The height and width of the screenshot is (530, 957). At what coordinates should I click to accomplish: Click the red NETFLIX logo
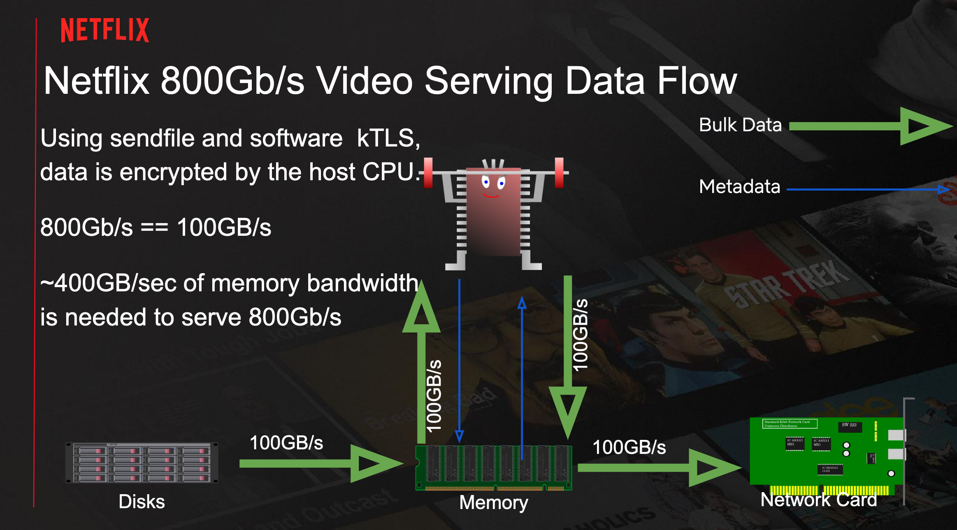pyautogui.click(x=105, y=30)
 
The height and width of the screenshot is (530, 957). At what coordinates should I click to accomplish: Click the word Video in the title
pyautogui.click(x=364, y=81)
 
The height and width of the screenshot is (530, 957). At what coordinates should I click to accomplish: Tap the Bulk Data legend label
pyautogui.click(x=740, y=125)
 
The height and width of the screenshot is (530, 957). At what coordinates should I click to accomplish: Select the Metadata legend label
pyautogui.click(x=739, y=187)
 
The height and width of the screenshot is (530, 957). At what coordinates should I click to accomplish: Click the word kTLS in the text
pyautogui.click(x=388, y=138)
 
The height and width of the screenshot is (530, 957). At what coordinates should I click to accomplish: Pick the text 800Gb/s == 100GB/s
pyautogui.click(x=156, y=227)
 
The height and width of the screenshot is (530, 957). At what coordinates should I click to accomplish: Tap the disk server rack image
pyautogui.click(x=142, y=463)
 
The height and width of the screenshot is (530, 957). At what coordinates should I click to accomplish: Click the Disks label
pyautogui.click(x=142, y=502)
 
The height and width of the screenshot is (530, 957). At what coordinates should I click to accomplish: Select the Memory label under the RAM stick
pyautogui.click(x=493, y=502)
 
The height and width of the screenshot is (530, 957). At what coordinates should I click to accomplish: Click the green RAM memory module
pyautogui.click(x=493, y=468)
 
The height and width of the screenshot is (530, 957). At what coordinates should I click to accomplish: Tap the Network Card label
pyautogui.click(x=818, y=500)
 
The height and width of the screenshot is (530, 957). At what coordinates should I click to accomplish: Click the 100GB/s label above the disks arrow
pyautogui.click(x=286, y=443)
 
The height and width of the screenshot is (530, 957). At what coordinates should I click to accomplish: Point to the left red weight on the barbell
pyautogui.click(x=428, y=173)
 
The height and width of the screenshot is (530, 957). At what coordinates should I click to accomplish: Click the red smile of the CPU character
pyautogui.click(x=491, y=196)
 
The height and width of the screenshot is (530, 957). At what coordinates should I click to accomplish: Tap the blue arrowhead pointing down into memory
pyautogui.click(x=459, y=436)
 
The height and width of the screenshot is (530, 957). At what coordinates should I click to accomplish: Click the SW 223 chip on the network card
pyautogui.click(x=849, y=425)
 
